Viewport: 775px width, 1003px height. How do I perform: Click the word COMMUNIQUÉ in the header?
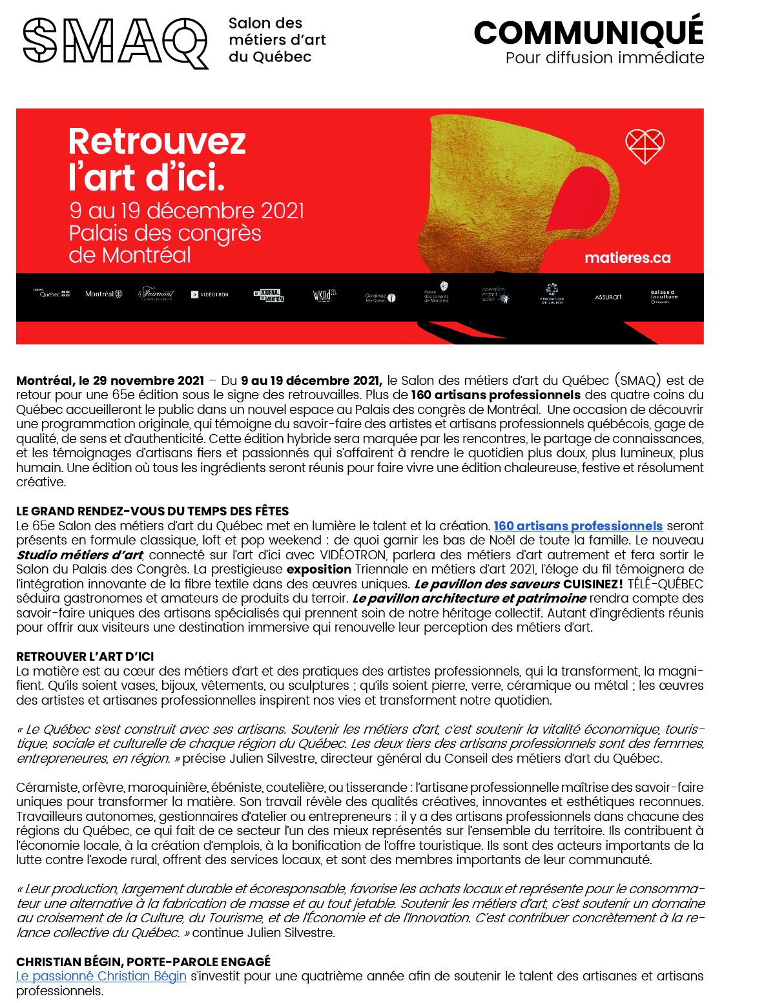tap(588, 32)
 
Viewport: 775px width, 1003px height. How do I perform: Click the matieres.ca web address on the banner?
tap(627, 258)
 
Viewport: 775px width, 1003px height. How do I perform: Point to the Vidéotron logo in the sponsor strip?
tap(210, 295)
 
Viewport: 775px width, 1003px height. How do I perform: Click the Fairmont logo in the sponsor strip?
tap(156, 294)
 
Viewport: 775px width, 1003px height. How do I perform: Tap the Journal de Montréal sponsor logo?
tap(269, 296)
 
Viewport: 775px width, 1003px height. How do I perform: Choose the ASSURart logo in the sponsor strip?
tap(608, 297)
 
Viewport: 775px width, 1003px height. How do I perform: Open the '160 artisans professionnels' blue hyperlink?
tap(578, 526)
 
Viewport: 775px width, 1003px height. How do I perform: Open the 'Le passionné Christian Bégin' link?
tap(101, 977)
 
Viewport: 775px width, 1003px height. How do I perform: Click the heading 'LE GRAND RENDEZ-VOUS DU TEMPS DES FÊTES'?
tap(152, 511)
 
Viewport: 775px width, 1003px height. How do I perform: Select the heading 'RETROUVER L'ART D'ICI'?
tap(85, 657)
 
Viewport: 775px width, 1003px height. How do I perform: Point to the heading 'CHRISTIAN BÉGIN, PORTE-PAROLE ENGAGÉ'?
tap(143, 962)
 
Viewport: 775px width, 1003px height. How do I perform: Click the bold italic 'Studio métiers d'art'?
tap(79, 555)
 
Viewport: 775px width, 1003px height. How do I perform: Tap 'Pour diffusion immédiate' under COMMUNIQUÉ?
tap(604, 58)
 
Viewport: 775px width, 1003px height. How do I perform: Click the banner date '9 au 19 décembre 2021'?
tap(187, 211)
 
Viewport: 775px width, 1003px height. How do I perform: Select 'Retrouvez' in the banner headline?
tap(157, 141)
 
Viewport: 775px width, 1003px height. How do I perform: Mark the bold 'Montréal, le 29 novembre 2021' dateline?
tap(110, 381)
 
